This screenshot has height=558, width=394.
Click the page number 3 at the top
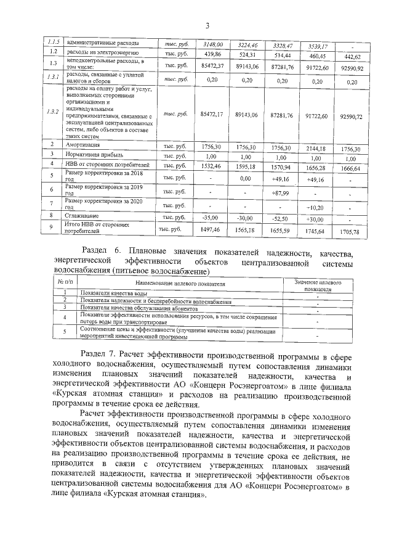207,25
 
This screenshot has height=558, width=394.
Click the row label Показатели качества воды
113,293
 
